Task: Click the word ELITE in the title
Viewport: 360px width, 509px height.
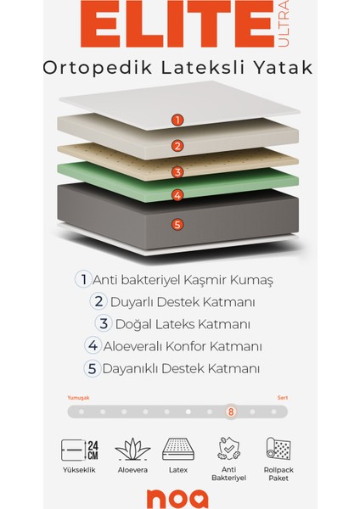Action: click(159, 26)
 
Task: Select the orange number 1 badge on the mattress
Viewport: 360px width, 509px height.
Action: click(177, 120)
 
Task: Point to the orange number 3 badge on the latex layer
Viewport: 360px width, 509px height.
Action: click(177, 171)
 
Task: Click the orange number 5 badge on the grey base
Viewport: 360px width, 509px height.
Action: click(177, 225)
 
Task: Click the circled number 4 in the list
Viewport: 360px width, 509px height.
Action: click(93, 346)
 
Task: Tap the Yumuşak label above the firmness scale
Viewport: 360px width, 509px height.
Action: click(78, 397)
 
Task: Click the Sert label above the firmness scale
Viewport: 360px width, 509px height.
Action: click(282, 397)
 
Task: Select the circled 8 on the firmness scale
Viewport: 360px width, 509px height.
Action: click(230, 412)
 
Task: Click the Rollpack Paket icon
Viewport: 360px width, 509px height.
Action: click(278, 450)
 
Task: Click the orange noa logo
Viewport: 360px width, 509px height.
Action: click(179, 498)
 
